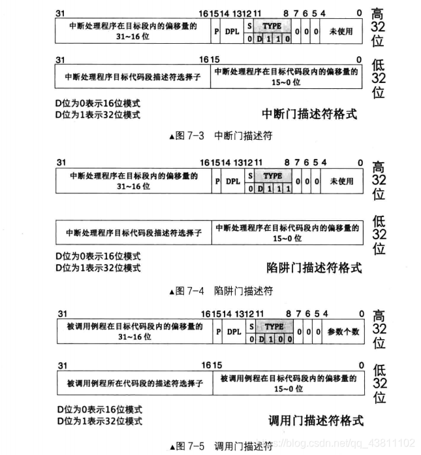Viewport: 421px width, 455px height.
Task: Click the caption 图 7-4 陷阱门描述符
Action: (x=221, y=290)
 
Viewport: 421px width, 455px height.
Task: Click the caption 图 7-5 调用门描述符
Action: (x=222, y=447)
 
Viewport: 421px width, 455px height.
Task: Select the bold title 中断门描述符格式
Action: (x=309, y=114)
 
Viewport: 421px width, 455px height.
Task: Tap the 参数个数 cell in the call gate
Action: (x=343, y=331)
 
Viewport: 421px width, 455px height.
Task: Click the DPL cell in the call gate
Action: (x=234, y=331)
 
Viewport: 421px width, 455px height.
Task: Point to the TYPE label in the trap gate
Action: (x=273, y=176)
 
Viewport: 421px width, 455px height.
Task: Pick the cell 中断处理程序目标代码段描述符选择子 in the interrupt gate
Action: (x=133, y=76)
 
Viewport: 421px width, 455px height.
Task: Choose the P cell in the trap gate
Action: (x=217, y=182)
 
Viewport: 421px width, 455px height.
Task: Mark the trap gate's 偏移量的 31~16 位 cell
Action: (x=133, y=181)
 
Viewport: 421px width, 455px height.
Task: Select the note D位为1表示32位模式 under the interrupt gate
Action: (x=99, y=114)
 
